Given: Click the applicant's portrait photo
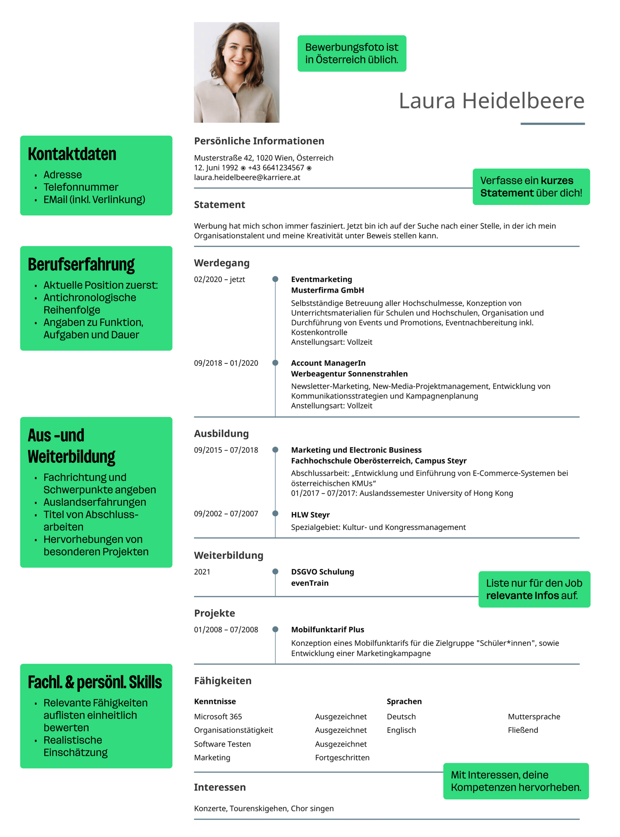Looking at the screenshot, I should click(236, 72).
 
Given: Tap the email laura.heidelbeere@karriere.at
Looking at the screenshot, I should click(247, 177).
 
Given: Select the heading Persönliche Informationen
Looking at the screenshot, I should click(259, 141).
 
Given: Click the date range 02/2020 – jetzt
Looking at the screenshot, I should click(219, 279).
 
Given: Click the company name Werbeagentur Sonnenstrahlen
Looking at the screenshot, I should click(349, 374).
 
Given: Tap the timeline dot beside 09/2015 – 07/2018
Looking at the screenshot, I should click(275, 449).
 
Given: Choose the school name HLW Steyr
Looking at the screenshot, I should click(310, 515).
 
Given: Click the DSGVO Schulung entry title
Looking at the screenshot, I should click(322, 572).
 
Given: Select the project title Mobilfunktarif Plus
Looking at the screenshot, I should click(327, 630).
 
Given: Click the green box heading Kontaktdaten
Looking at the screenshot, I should click(72, 154).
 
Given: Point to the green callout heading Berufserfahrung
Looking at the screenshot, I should click(81, 265).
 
